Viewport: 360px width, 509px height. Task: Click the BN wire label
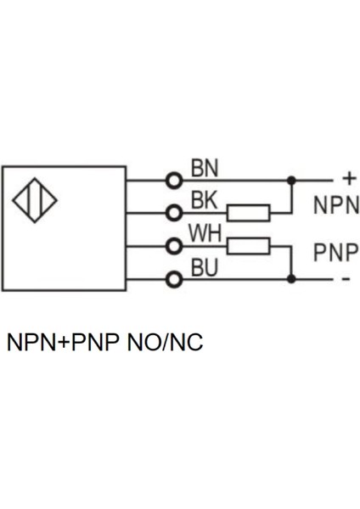point(204,168)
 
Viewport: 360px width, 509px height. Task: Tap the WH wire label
point(205,232)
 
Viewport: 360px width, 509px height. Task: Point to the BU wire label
point(204,268)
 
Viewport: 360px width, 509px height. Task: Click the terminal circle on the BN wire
point(174,180)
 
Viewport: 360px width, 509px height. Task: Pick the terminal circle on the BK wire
point(174,212)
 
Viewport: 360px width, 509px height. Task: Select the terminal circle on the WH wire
point(174,246)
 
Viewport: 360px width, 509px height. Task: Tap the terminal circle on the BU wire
point(174,278)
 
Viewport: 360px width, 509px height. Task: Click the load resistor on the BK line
point(250,212)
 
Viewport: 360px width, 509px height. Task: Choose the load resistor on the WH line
point(250,246)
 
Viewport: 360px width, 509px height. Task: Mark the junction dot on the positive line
point(291,180)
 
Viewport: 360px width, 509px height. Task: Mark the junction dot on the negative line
point(291,278)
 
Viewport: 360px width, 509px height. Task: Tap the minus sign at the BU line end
point(346,279)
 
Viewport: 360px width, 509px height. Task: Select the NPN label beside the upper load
point(336,206)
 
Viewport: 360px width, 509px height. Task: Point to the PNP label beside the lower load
point(336,254)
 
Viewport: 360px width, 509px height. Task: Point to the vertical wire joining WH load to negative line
point(291,262)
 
